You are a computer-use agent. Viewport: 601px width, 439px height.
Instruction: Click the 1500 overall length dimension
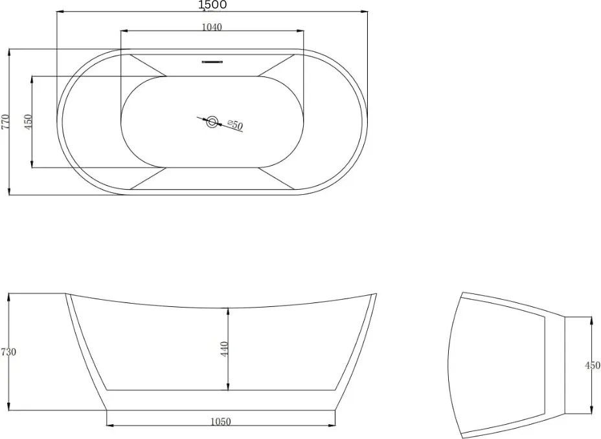tap(212, 5)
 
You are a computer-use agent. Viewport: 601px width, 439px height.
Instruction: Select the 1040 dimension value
tap(212, 27)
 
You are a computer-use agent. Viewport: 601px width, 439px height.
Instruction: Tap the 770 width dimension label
tap(5, 122)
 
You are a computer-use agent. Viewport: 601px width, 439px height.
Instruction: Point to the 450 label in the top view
tap(28, 122)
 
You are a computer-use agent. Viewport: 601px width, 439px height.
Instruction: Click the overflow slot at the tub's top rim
tap(212, 62)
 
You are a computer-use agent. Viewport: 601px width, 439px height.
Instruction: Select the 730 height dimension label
tap(8, 352)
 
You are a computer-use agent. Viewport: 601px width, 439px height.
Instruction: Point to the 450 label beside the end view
tap(592, 365)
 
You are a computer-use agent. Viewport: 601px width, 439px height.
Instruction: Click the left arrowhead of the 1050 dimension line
tap(109, 425)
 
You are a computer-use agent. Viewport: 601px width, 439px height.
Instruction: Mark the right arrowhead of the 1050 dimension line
tap(333, 425)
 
